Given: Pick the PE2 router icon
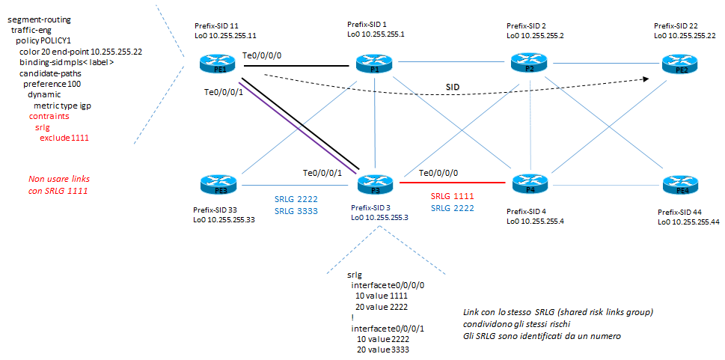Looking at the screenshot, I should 678,66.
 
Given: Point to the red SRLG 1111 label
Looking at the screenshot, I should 453,196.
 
